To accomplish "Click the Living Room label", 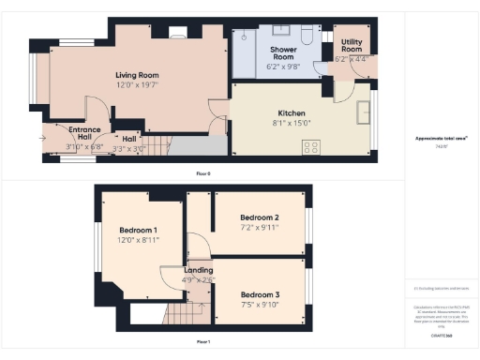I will click(x=137, y=75).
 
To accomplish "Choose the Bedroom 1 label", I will click(x=138, y=230).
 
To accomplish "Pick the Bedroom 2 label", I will click(x=258, y=217).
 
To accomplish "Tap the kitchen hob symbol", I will click(x=310, y=146).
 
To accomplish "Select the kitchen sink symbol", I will click(x=364, y=112).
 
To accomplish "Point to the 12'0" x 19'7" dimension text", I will click(x=137, y=85).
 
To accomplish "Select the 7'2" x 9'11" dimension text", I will click(x=258, y=227).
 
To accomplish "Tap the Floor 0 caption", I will click(x=202, y=174).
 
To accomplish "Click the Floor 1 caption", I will click(x=202, y=341).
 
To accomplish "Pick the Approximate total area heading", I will click(x=441, y=139).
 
